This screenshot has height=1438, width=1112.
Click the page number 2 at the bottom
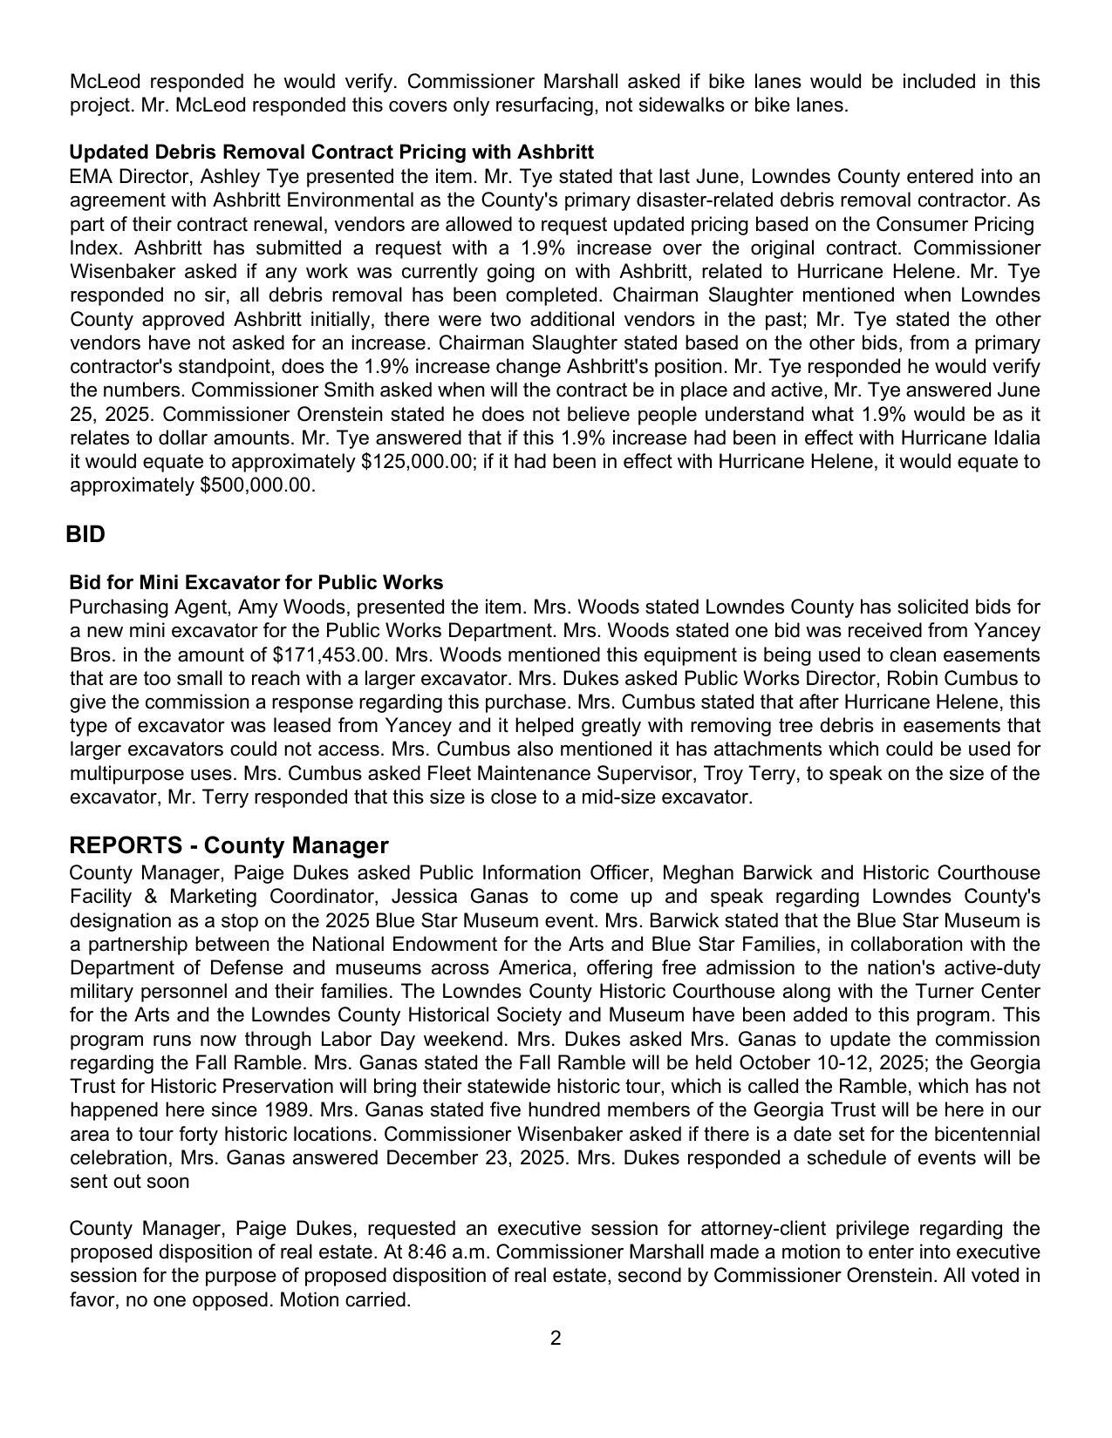click(556, 1338)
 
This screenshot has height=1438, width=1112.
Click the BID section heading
click(85, 534)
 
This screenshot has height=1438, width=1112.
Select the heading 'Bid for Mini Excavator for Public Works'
click(256, 582)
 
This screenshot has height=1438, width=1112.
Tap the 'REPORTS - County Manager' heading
click(229, 845)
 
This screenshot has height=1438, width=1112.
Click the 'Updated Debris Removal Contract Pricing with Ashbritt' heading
click(331, 152)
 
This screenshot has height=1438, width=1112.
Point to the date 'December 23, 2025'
click(469, 1158)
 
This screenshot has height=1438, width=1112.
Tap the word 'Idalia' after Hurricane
click(1013, 438)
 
